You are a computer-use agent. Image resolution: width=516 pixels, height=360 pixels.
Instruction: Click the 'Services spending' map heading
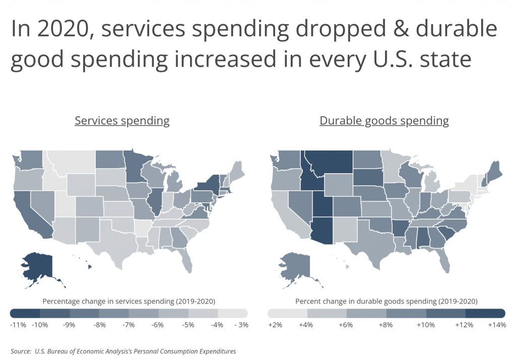coord(122,121)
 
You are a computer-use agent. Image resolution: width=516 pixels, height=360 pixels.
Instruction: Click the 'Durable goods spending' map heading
coord(384,121)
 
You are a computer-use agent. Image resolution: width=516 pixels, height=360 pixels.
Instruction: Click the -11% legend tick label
coord(18,325)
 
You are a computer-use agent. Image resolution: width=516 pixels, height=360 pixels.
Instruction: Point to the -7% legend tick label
coord(128,325)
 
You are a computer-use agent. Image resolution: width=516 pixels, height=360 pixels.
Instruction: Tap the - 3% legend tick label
coord(241,325)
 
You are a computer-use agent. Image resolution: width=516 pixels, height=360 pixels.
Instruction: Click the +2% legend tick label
coord(276,325)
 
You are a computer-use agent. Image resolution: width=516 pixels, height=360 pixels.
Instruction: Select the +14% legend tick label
coord(497,325)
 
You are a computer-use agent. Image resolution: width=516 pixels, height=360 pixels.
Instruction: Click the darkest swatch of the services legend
coord(25,313)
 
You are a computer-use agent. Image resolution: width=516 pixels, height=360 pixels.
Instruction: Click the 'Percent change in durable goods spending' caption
coord(386,302)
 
